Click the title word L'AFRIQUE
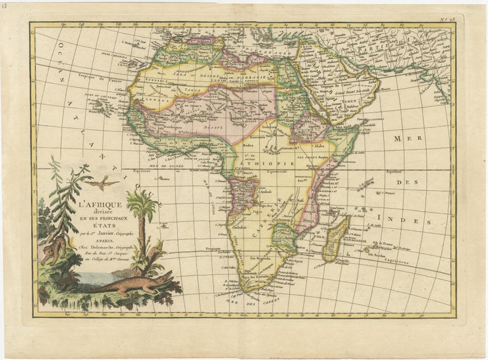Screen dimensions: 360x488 pos(104,205)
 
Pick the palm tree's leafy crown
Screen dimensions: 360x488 pos(142,205)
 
